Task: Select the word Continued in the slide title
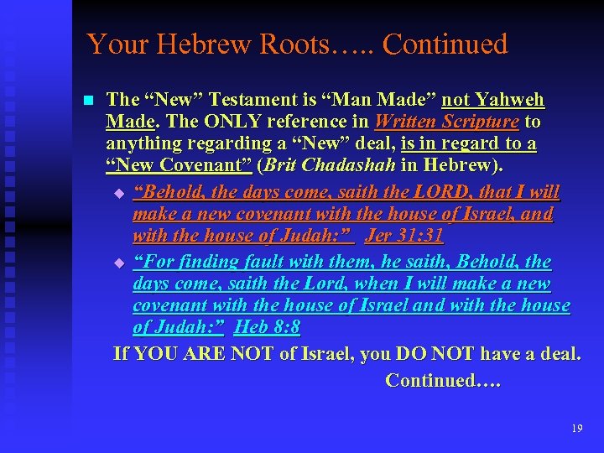pyautogui.click(x=445, y=44)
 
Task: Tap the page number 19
pyautogui.click(x=576, y=429)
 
